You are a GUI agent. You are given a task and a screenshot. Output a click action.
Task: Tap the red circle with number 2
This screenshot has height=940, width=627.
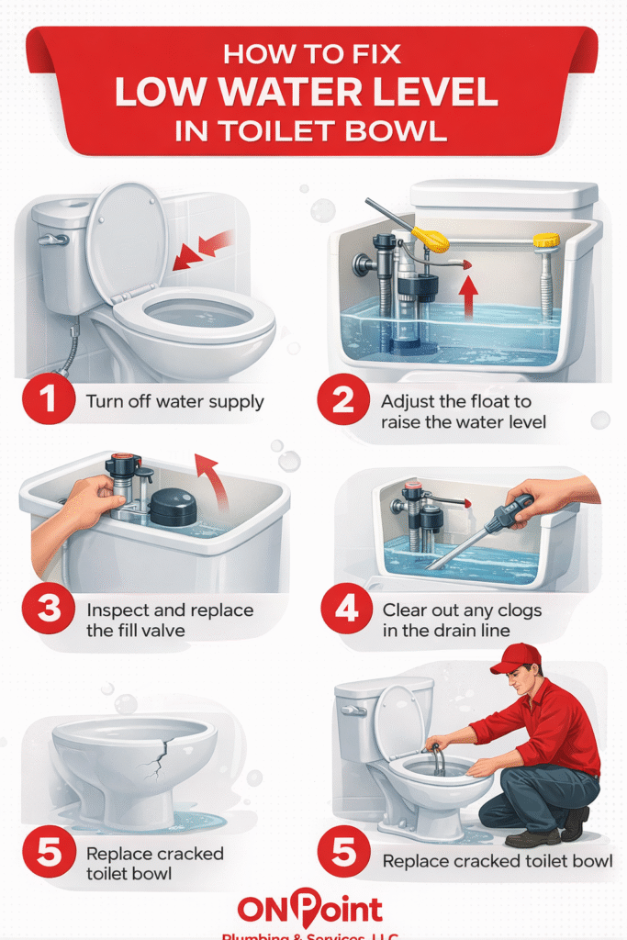pos(343,409)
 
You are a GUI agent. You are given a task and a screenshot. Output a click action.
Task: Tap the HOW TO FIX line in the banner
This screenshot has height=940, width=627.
pos(312,53)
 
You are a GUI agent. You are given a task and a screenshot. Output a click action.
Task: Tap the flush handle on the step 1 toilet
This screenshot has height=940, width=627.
pos(52,240)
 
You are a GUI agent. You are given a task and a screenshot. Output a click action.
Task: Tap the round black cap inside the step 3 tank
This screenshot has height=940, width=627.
pos(173,506)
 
